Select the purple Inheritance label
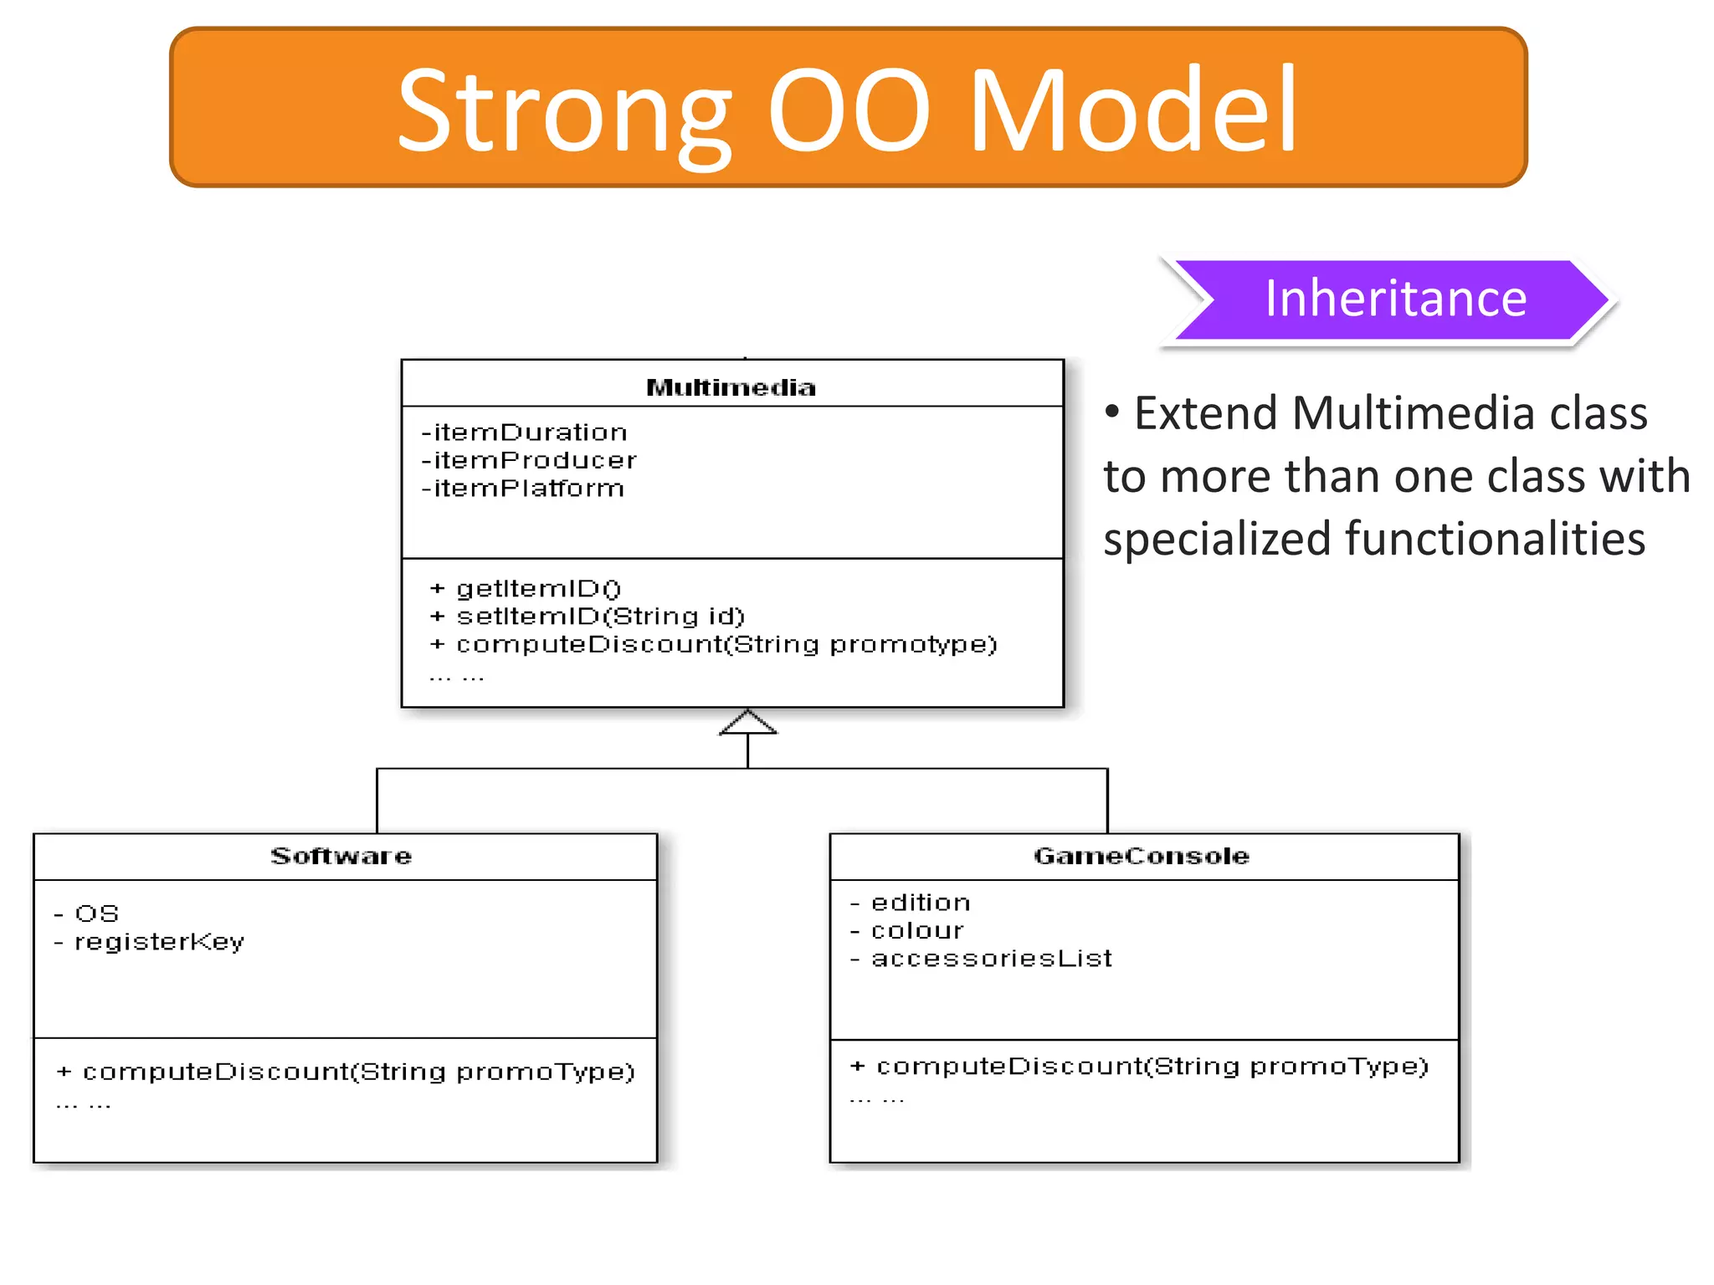1394,299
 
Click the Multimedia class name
731,387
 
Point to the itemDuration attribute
525,433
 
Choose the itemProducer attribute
529,460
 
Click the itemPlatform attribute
523,489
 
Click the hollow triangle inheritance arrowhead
748,723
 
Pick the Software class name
341,856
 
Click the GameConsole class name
1142,856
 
